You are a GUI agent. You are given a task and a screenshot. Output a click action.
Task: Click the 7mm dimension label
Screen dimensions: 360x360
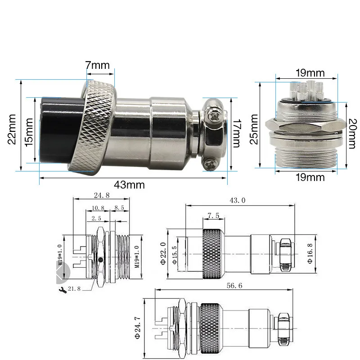[98, 65]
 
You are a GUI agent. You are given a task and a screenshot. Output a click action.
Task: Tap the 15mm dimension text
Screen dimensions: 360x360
[29, 131]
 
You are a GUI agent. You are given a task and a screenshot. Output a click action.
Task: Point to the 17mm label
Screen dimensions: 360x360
[236, 134]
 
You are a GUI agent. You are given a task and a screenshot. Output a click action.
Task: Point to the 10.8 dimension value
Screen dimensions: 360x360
[94, 208]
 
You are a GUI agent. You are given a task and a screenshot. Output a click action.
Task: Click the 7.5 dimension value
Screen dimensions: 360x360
[214, 216]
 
